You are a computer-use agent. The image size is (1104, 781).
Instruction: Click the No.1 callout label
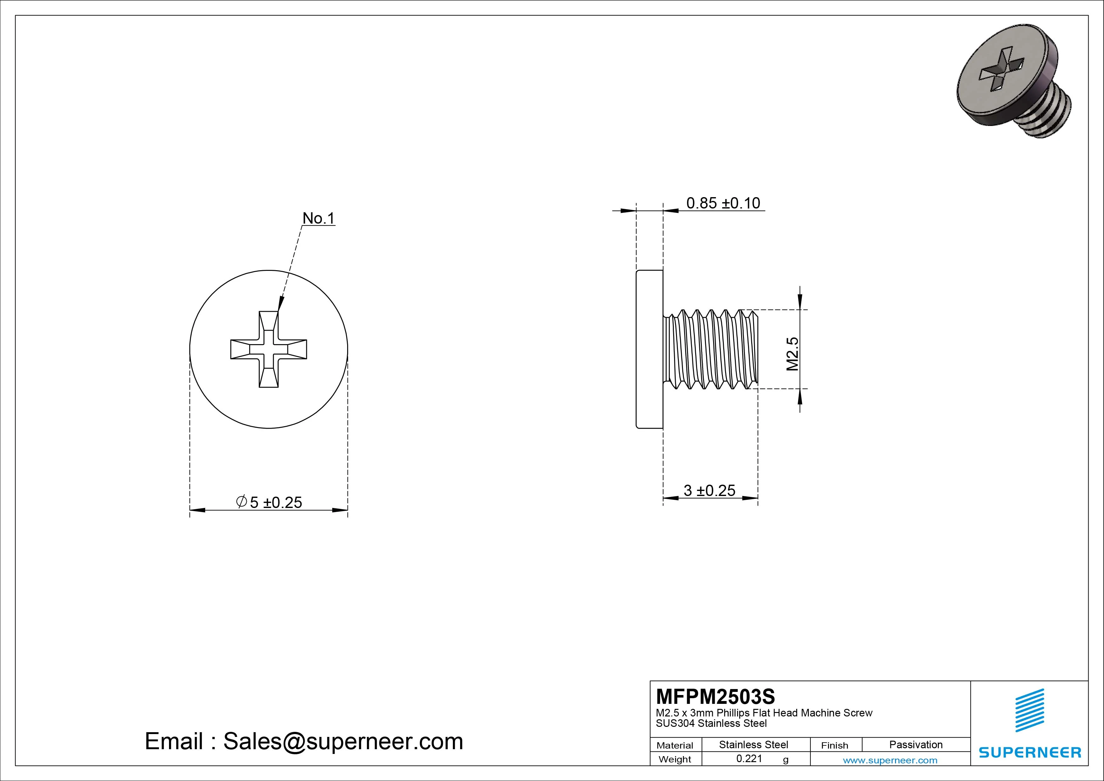click(x=318, y=219)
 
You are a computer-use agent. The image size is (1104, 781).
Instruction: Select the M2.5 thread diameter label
click(x=792, y=354)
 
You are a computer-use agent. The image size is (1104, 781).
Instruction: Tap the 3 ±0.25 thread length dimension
click(x=709, y=490)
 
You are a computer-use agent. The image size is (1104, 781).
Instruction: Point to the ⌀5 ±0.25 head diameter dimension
click(x=269, y=502)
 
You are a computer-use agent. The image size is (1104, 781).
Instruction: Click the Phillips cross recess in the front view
click(x=269, y=349)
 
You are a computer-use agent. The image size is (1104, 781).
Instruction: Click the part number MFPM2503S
click(x=715, y=696)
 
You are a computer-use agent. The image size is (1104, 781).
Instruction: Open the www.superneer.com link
click(x=890, y=760)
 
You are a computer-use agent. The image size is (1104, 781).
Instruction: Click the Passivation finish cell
click(x=915, y=744)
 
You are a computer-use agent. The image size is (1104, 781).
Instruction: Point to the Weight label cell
click(x=675, y=759)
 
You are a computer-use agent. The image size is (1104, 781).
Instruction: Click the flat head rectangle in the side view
click(x=650, y=349)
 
